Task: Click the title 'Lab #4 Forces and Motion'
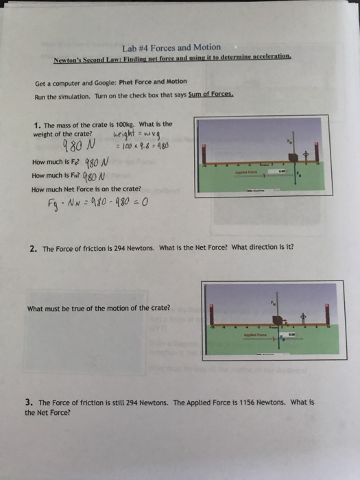(171, 48)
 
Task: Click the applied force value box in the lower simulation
(292, 334)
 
